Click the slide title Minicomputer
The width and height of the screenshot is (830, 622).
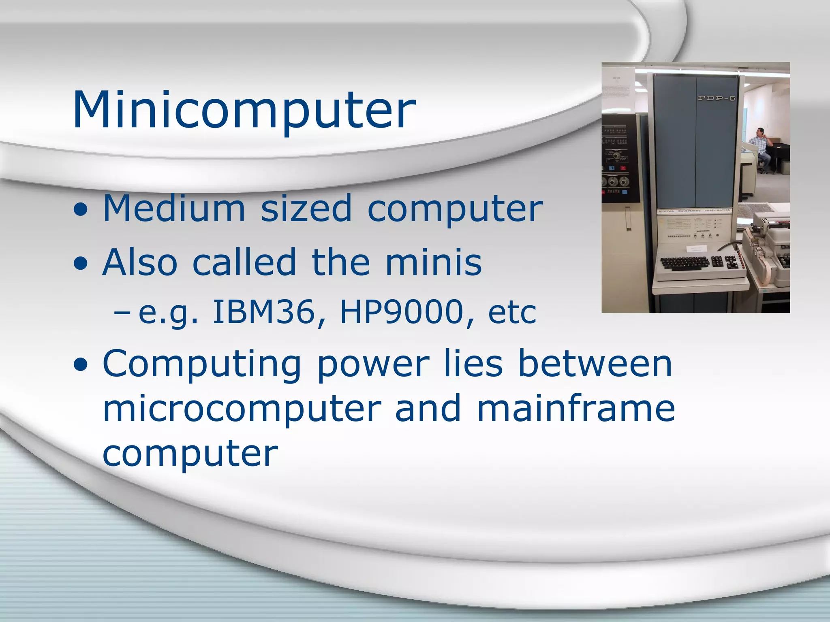pos(244,110)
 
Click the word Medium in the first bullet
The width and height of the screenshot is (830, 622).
pos(174,209)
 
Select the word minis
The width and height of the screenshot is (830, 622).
pos(433,262)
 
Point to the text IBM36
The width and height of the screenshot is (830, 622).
pos(263,312)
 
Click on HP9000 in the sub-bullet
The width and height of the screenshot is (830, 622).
pos(401,312)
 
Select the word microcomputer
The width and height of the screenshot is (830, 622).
pos(242,409)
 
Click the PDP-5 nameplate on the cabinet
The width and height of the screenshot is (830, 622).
pos(717,98)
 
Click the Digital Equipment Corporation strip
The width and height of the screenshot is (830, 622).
pos(695,211)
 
